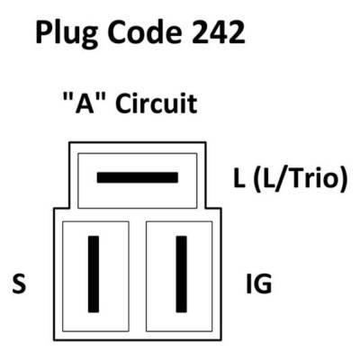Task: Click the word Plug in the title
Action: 67,33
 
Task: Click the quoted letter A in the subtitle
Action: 85,103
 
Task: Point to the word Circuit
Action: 157,103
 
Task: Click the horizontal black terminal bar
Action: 138,177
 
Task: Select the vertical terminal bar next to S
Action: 94,274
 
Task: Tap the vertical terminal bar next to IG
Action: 181,274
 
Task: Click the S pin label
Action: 19,283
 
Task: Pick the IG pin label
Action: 259,283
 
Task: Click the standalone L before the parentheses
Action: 239,178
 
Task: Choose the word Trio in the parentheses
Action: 315,178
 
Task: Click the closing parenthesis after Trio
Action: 344,179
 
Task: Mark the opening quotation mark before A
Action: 67,97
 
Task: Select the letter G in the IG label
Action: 263,283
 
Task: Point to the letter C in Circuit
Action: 124,103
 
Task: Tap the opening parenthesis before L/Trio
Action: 257,179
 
